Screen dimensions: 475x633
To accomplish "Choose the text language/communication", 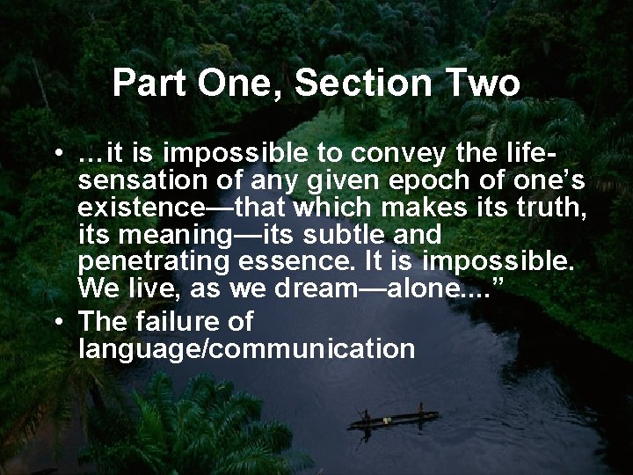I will pyautogui.click(x=246, y=348).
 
